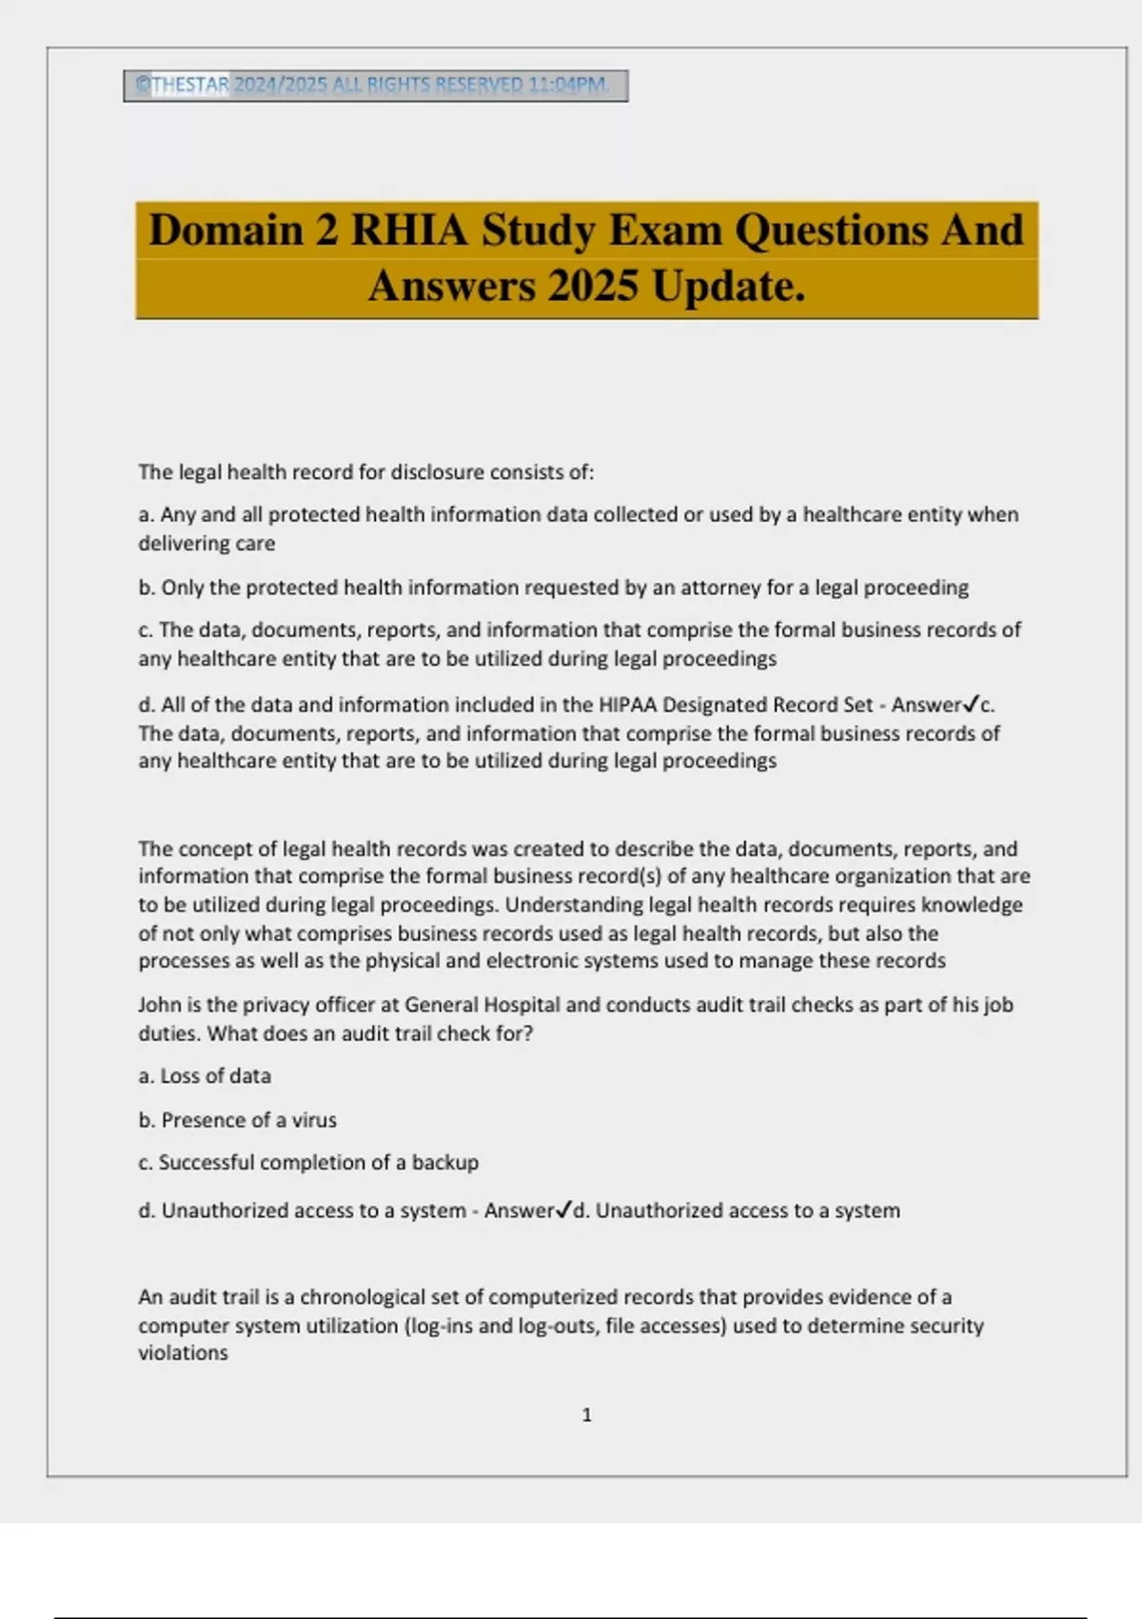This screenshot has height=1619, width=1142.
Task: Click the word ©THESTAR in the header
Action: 182,85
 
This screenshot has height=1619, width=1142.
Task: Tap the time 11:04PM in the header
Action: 568,85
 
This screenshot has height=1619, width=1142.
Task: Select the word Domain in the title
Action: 226,230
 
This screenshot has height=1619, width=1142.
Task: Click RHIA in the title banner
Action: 409,230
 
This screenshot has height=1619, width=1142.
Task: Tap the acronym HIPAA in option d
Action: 628,705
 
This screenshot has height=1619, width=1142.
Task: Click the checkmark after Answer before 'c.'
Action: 972,705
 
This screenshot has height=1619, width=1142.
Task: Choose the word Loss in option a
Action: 180,1076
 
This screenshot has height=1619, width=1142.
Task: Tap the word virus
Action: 314,1120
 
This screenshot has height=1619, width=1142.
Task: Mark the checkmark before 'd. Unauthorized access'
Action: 564,1210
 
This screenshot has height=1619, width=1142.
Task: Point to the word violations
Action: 183,1353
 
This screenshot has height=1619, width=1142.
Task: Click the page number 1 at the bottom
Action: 586,1415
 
